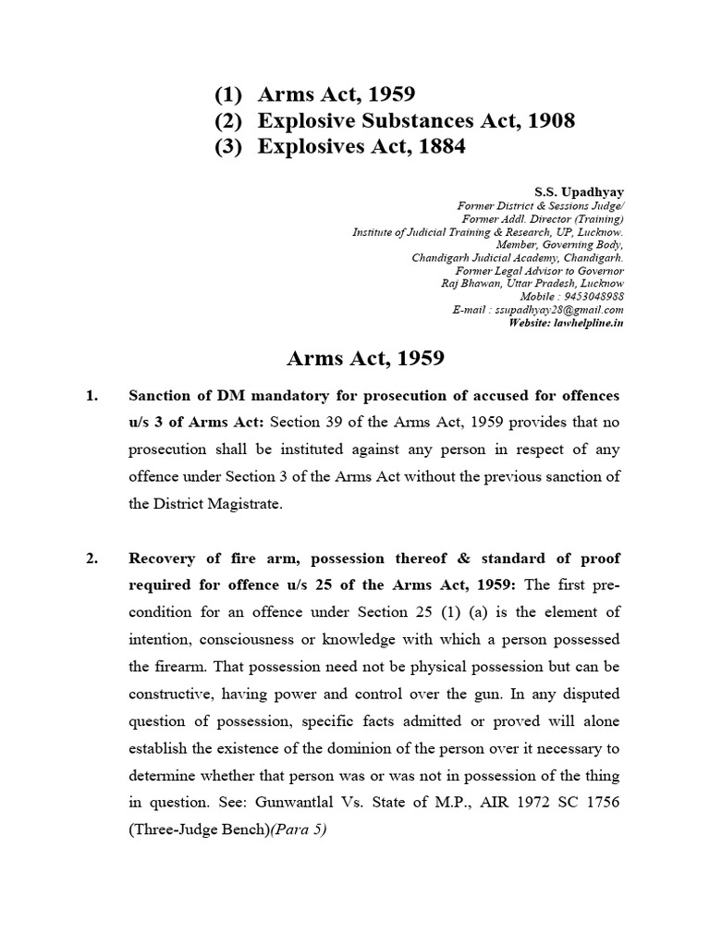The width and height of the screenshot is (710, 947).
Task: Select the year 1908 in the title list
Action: tap(545, 121)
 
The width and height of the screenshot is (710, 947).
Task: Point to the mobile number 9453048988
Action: tap(591, 296)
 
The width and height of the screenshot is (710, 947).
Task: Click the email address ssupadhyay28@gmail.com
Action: tap(567, 309)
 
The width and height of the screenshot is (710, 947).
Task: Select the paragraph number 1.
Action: tap(91, 396)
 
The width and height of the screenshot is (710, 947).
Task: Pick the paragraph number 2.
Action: tap(91, 558)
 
